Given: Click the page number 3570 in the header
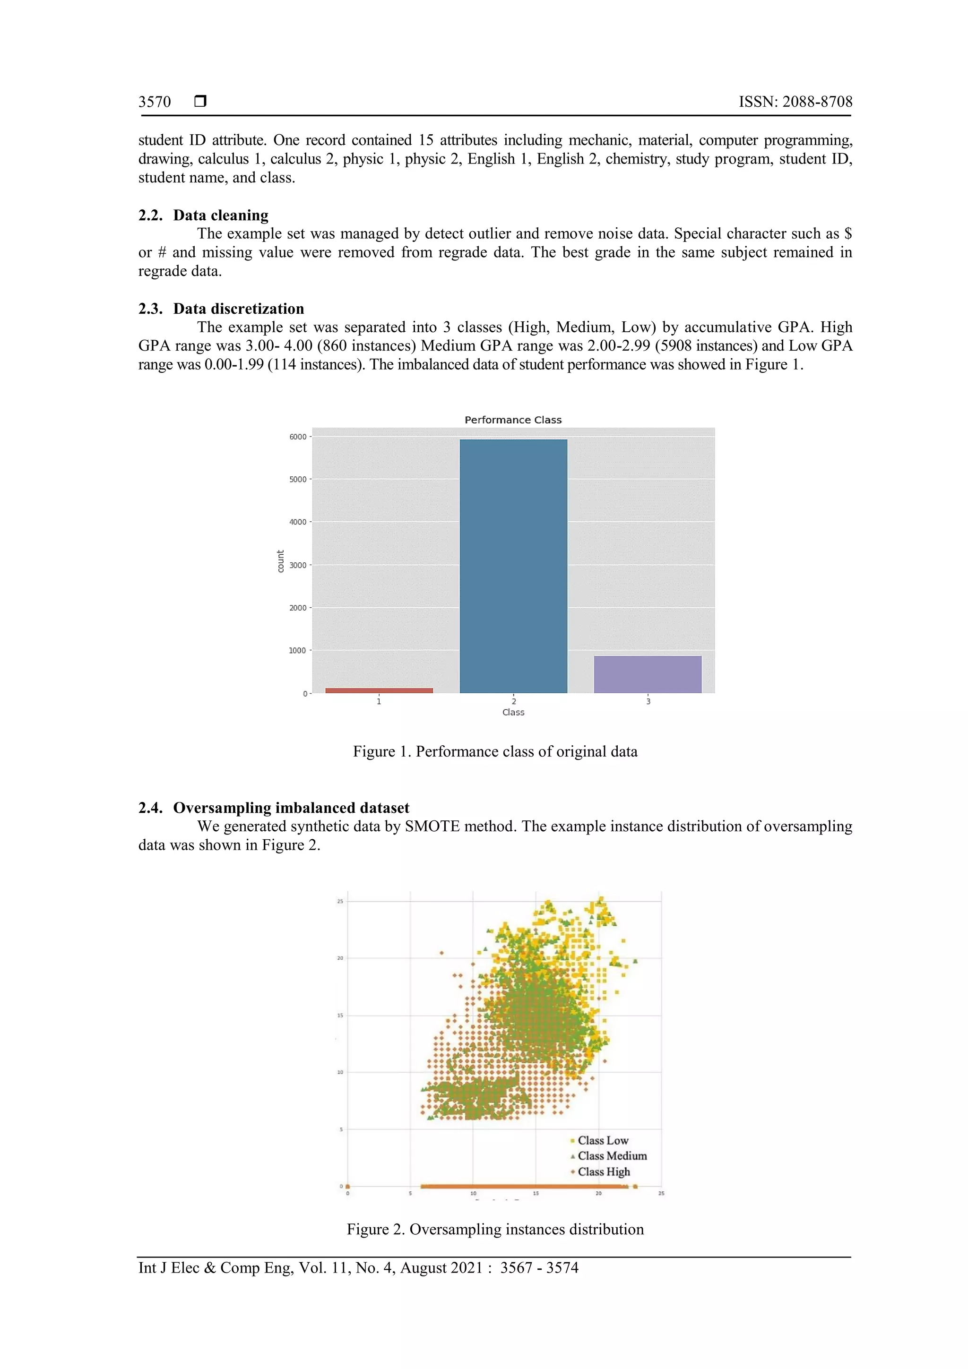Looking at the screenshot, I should pyautogui.click(x=155, y=102).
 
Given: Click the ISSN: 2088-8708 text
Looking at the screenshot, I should pyautogui.click(x=795, y=102).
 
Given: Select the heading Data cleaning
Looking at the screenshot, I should pyautogui.click(x=221, y=215).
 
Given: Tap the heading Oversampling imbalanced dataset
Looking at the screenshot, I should pyautogui.click(x=291, y=808).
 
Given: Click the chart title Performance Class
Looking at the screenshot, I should pyautogui.click(x=513, y=420).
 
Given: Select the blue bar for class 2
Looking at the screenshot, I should pyautogui.click(x=513, y=567).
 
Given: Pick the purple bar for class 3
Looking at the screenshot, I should pyautogui.click(x=648, y=674).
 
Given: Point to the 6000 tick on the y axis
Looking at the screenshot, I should pyautogui.click(x=298, y=437).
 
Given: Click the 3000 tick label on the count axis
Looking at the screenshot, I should pyautogui.click(x=298, y=565).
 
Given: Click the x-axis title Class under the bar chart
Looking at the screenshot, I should pyautogui.click(x=513, y=713).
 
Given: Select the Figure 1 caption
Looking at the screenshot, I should pyautogui.click(x=495, y=752).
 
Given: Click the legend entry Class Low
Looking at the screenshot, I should pyautogui.click(x=602, y=1141).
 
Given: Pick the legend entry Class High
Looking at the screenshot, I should pyautogui.click(x=603, y=1171).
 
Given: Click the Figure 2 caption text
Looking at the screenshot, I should pyautogui.click(x=495, y=1230).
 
